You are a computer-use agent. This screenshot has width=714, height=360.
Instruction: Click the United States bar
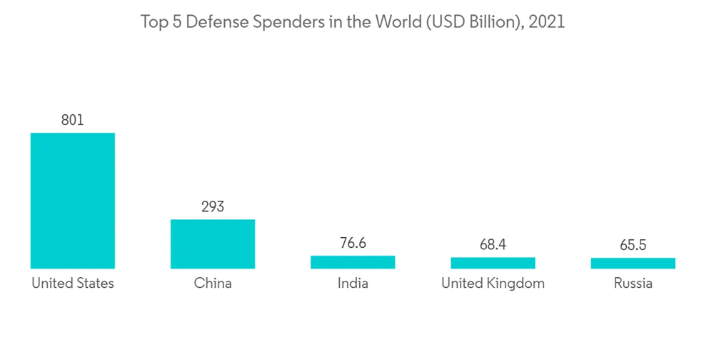[x=72, y=201]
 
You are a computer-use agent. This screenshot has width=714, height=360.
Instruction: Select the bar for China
[x=213, y=244]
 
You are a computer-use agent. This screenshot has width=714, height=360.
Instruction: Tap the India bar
[x=353, y=262]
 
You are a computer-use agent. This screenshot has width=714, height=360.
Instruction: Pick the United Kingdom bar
[x=493, y=263]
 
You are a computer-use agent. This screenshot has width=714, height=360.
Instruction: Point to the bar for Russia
[x=633, y=263]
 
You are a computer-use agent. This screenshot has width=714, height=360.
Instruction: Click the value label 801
[x=72, y=120]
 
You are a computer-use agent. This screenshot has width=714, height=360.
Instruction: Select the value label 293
[x=213, y=206]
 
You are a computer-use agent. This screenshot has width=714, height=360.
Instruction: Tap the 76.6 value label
[x=353, y=244]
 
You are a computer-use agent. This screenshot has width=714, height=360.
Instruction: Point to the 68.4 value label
[x=493, y=245]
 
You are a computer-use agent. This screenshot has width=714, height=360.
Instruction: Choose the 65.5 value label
[x=633, y=246]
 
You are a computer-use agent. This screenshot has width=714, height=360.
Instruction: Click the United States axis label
[x=72, y=284]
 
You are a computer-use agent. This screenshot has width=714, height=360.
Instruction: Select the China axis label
[x=213, y=284]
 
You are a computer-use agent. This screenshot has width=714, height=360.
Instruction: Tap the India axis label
[x=353, y=284]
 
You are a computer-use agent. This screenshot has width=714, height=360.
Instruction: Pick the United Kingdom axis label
[x=493, y=284]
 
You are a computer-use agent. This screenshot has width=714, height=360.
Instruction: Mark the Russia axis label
[x=633, y=284]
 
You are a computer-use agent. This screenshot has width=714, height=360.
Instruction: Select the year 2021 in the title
[x=548, y=22]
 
